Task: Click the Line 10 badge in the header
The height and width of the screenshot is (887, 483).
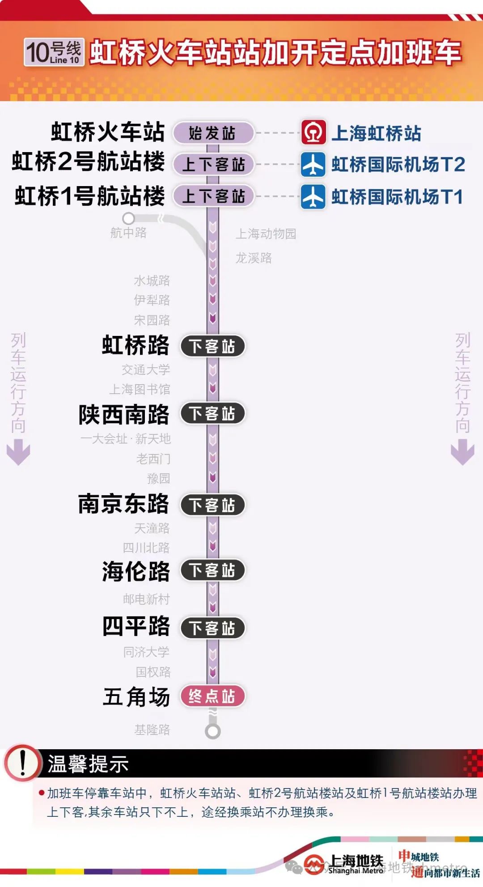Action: pyautogui.click(x=54, y=53)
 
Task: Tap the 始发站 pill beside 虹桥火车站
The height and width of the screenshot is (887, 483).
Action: pyautogui.click(x=213, y=133)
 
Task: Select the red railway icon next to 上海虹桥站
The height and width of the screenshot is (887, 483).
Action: pyautogui.click(x=313, y=132)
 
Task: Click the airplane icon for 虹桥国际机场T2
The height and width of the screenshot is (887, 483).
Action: pyautogui.click(x=313, y=164)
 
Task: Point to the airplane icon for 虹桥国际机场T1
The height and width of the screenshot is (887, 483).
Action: pyautogui.click(x=313, y=196)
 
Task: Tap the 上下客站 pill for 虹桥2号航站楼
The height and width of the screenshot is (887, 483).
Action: pyautogui.click(x=213, y=164)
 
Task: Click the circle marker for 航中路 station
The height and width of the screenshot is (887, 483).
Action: pyautogui.click(x=129, y=218)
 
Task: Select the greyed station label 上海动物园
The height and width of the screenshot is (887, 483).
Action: pyautogui.click(x=266, y=233)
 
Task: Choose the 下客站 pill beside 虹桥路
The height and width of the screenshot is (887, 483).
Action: pyautogui.click(x=213, y=346)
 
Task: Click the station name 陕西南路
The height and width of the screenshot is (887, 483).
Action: pyautogui.click(x=124, y=414)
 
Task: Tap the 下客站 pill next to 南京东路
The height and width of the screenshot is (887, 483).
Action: pyautogui.click(x=213, y=505)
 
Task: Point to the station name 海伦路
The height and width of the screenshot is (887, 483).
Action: pyautogui.click(x=136, y=571)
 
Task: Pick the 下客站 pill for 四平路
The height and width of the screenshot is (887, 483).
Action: pyautogui.click(x=213, y=628)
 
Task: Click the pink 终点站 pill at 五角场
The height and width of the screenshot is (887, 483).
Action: pyautogui.click(x=213, y=696)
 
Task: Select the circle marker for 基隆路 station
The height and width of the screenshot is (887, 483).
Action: pyautogui.click(x=213, y=731)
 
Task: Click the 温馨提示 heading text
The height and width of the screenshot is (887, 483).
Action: pyautogui.click(x=88, y=764)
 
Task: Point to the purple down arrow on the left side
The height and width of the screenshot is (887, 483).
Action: pyautogui.click(x=18, y=452)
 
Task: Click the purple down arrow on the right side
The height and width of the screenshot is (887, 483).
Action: pyautogui.click(x=462, y=452)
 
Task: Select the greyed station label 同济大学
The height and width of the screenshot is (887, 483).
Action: pyautogui.click(x=146, y=652)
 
